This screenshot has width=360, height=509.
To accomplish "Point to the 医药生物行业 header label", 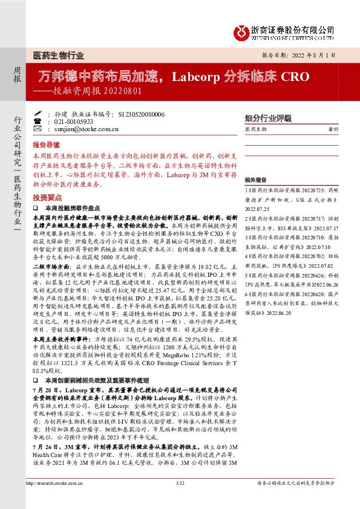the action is click(x=58, y=55).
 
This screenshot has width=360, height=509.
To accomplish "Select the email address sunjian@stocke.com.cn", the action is click(x=85, y=129).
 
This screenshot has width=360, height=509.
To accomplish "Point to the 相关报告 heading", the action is click(x=256, y=180).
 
